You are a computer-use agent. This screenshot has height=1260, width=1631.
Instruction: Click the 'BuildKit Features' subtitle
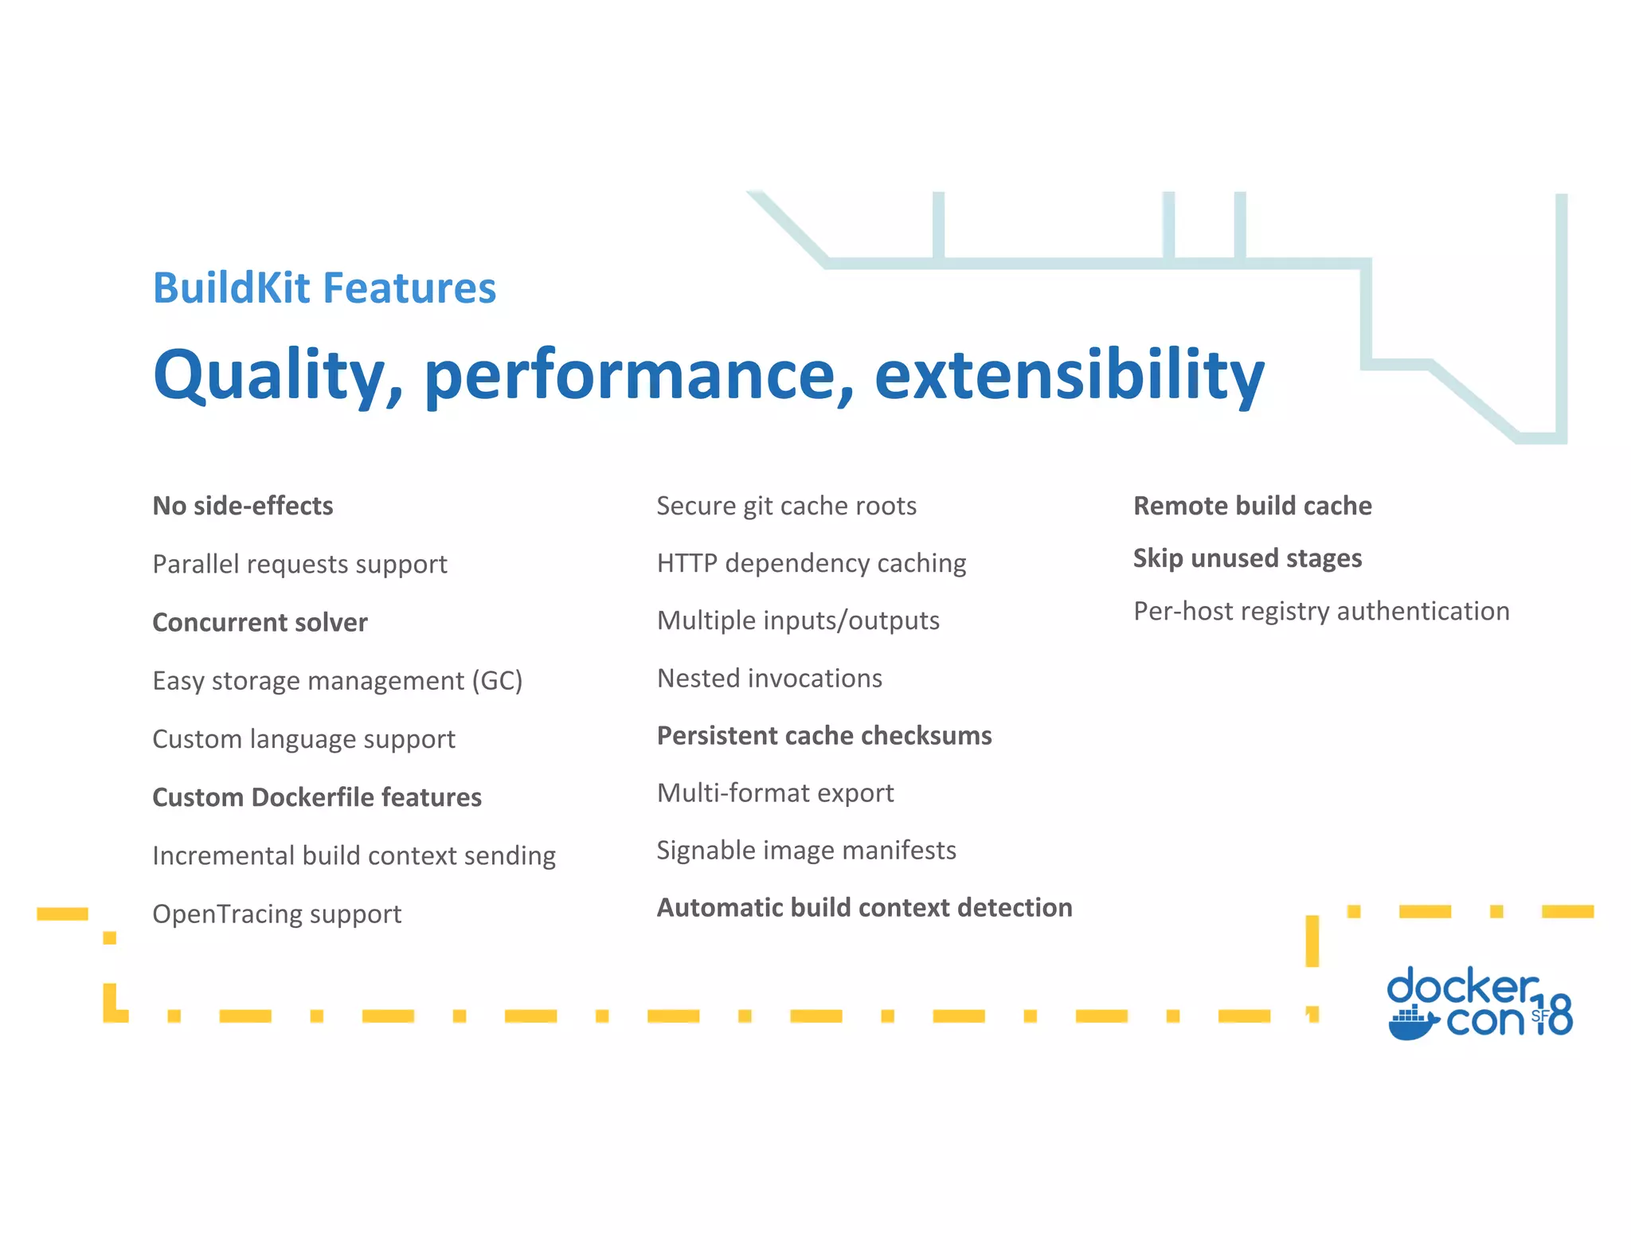pyautogui.click(x=324, y=288)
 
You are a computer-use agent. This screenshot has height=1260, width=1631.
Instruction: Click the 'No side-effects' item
pyautogui.click(x=243, y=506)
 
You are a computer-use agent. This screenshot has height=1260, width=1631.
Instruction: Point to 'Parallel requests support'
pyautogui.click(x=299, y=564)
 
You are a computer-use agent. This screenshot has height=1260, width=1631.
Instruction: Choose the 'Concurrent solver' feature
pyautogui.click(x=260, y=622)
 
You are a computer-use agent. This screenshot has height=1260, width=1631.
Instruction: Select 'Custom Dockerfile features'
pyautogui.click(x=317, y=797)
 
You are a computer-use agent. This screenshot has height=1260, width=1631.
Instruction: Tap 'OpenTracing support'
pyautogui.click(x=276, y=914)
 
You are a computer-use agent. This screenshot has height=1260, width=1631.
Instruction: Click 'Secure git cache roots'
pyautogui.click(x=786, y=506)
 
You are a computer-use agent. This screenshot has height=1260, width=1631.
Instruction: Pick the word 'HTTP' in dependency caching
pyautogui.click(x=686, y=563)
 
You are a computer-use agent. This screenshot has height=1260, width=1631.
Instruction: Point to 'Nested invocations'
pyautogui.click(x=769, y=678)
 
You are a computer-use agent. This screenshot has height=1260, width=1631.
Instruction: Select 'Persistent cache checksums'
pyautogui.click(x=824, y=735)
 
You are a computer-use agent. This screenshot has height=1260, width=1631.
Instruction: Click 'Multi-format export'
pyautogui.click(x=775, y=792)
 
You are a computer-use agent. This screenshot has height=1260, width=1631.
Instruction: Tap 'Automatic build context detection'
pyautogui.click(x=864, y=907)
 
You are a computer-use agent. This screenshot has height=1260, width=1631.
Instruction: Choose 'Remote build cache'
pyautogui.click(x=1252, y=506)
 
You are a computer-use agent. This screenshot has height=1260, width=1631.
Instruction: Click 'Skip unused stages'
pyautogui.click(x=1247, y=558)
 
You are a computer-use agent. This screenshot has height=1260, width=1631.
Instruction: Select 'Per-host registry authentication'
pyautogui.click(x=1321, y=611)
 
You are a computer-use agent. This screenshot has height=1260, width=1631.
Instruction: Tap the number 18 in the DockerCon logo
pyautogui.click(x=1553, y=1015)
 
